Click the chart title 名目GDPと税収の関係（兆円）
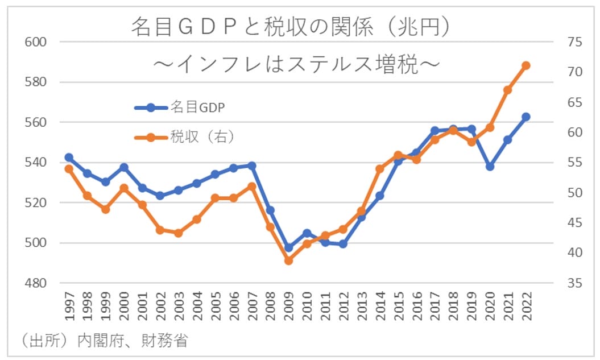[x=291, y=27]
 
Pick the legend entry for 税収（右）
[x=185, y=136]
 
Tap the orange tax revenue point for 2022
[x=525, y=65]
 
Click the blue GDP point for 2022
[x=525, y=117]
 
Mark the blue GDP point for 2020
[x=490, y=167]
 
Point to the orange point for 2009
[x=288, y=260]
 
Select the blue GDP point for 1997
[x=69, y=158]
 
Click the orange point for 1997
[x=69, y=169]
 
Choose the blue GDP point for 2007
[x=252, y=165]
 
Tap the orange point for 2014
[x=380, y=169]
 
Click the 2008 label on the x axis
[x=271, y=308]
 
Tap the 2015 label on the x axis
[x=399, y=308]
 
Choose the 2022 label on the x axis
[x=526, y=308]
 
